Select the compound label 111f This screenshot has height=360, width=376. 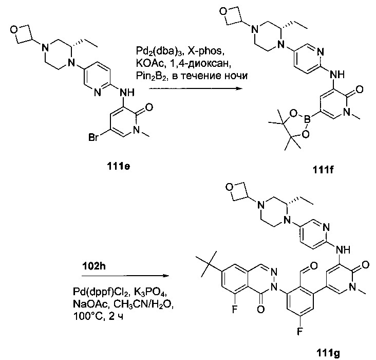323,170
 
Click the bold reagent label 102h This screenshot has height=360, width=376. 94,266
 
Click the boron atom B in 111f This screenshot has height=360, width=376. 307,119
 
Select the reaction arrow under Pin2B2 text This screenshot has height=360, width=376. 195,88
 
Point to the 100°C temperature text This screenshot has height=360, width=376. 88,316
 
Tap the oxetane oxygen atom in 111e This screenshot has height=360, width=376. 14,30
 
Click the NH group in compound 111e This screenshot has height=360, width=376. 127,92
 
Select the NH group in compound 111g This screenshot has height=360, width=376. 343,250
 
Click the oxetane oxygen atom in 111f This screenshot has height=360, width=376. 223,11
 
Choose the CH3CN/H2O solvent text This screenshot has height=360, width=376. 143,305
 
